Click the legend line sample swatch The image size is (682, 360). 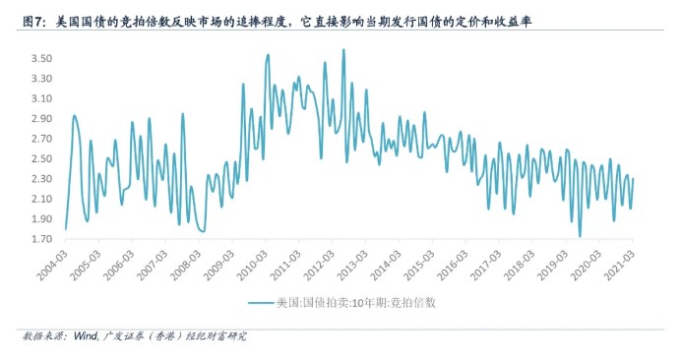pos(260,304)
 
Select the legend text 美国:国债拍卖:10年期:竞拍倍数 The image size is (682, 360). pos(355,304)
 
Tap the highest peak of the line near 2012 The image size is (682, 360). pos(342,49)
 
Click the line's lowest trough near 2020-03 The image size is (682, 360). pos(580,236)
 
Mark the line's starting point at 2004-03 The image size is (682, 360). pos(65,229)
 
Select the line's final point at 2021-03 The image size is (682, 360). pos(633,178)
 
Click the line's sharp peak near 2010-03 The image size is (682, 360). pos(268,54)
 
